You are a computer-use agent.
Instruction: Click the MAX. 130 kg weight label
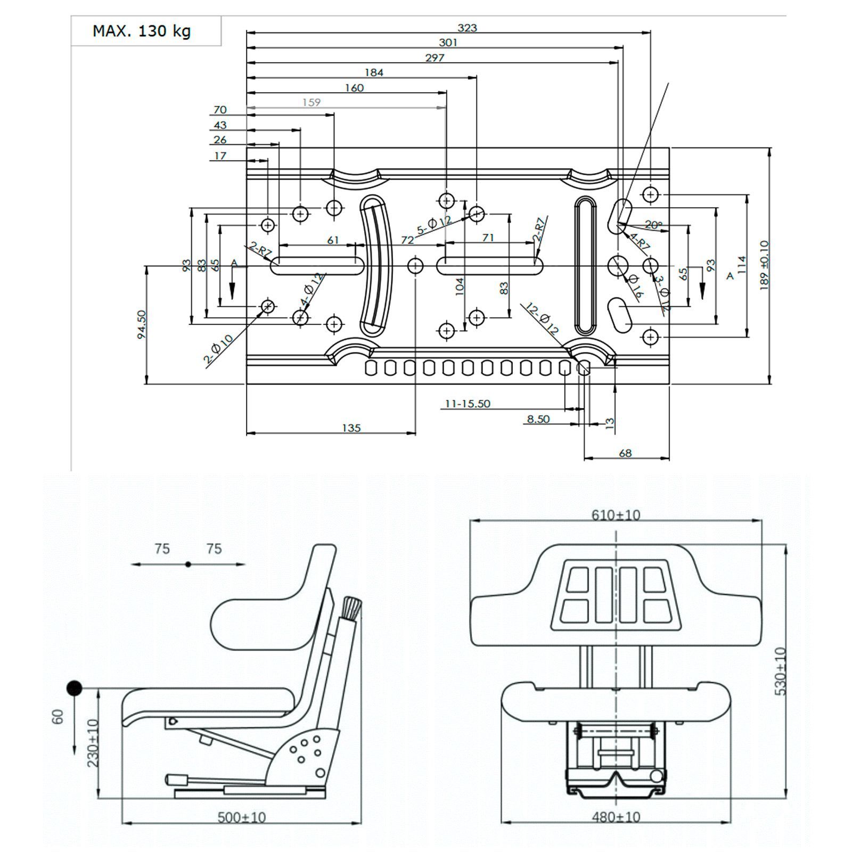142,31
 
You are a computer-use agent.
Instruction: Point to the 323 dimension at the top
467,28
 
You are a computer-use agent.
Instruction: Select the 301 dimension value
448,43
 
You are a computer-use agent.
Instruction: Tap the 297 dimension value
435,58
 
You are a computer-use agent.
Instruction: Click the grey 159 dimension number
312,102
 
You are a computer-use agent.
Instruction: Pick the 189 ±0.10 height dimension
765,265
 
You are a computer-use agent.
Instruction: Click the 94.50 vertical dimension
142,324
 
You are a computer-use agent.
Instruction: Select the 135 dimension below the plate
351,428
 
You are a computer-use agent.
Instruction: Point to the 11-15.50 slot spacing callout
468,404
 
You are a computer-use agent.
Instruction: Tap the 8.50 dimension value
538,419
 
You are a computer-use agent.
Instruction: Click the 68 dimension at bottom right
625,453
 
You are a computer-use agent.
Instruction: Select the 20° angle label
653,225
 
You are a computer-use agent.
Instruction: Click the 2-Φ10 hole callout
218,349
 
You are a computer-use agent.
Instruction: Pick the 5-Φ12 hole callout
433,226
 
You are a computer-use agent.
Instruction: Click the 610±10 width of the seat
616,515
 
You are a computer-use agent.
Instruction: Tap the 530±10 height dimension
781,671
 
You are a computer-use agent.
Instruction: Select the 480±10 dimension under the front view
616,816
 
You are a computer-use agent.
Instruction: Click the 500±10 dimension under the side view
242,817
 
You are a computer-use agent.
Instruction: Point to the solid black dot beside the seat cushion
74,689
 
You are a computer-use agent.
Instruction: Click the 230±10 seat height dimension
93,743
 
